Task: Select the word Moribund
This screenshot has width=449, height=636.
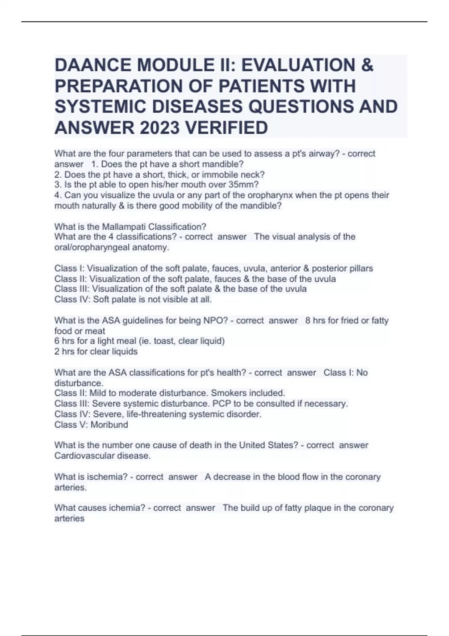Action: point(109,425)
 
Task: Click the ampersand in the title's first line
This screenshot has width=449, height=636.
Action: point(367,65)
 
